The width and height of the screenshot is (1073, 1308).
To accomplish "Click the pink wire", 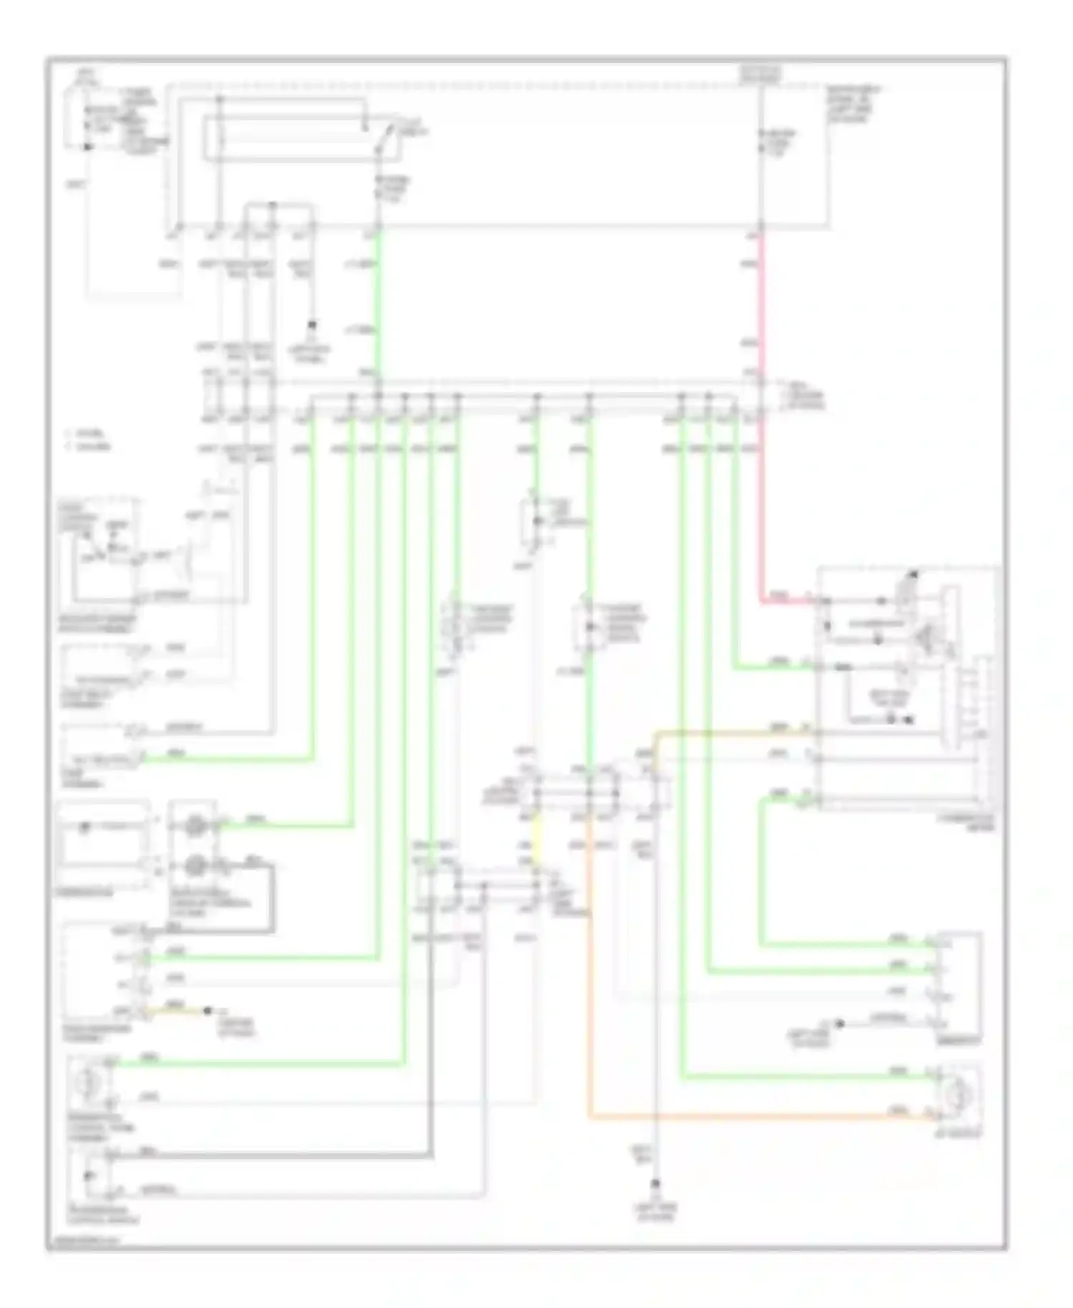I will tap(760, 429).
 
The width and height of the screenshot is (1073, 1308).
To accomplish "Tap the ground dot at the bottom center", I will tap(655, 1184).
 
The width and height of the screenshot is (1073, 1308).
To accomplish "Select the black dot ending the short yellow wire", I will tap(207, 1010).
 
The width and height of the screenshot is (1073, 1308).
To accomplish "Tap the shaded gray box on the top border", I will tap(760, 72).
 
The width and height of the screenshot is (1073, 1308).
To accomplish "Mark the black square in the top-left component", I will tap(87, 147).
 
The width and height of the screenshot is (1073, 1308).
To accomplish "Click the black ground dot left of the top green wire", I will tap(312, 326).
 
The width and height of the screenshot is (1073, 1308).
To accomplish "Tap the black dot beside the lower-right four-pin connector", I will tap(841, 1023).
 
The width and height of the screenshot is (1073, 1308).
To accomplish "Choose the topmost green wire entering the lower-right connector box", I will tap(844, 945).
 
